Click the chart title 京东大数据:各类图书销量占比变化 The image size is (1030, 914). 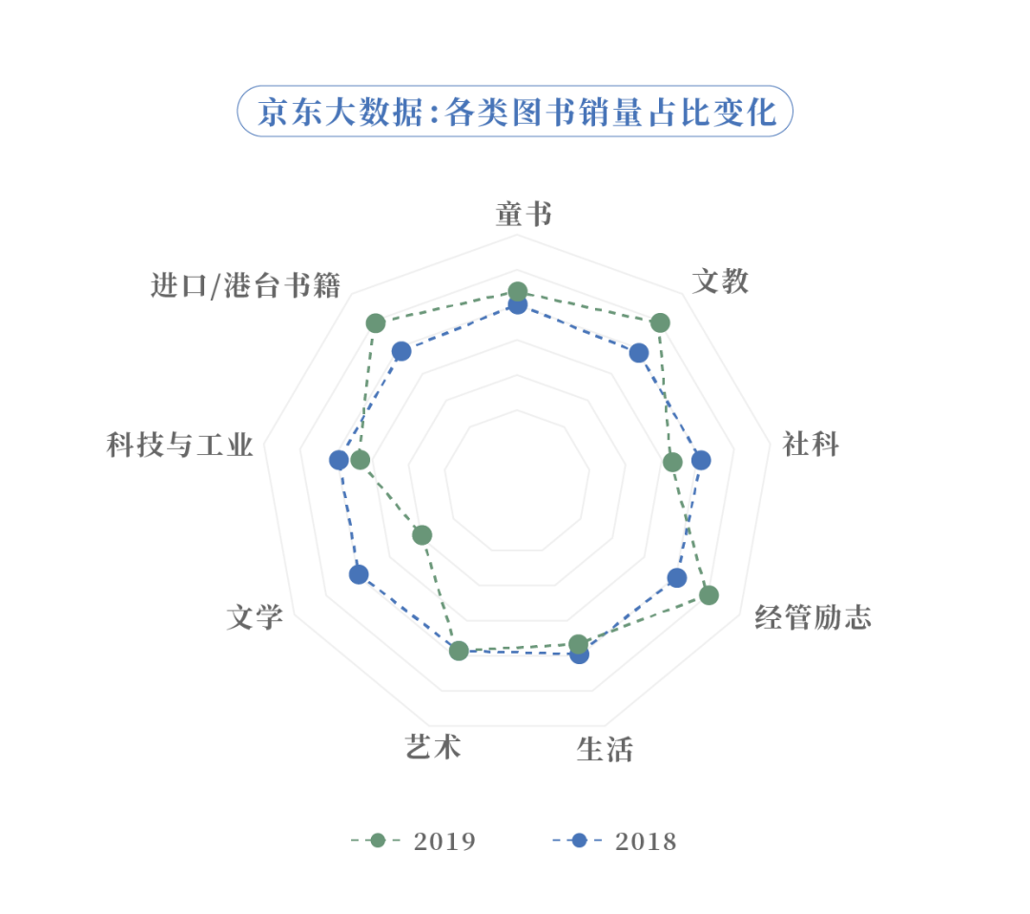point(515,112)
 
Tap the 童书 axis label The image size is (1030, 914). point(523,215)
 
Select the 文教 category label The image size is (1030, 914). point(720,281)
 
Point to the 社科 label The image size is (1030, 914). point(810,444)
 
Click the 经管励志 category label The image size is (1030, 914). point(813,618)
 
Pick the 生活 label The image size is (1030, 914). point(605,750)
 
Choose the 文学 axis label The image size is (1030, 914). point(255,618)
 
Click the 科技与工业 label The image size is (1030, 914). point(180,445)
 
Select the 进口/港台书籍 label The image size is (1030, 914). point(246,285)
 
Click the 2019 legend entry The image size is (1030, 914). point(415,841)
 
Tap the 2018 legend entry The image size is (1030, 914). point(615,841)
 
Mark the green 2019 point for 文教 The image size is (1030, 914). point(660,323)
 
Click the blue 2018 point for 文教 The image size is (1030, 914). point(639,353)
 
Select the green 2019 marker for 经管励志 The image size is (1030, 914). point(709,595)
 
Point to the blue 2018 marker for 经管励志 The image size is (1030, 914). point(676,577)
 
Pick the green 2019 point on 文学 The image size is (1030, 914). point(422,534)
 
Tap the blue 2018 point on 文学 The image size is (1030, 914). point(358,574)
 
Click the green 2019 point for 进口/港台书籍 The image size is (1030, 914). point(376,323)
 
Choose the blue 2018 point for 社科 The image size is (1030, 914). point(701,461)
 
